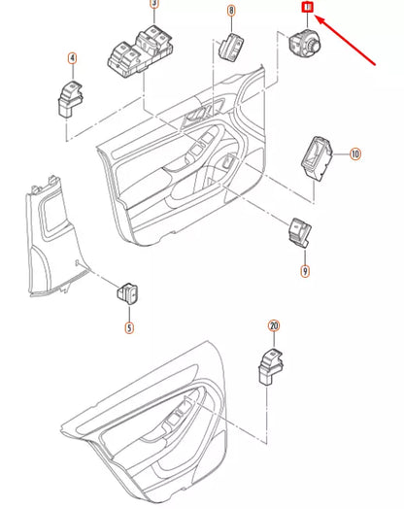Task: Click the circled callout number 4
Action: tap(71, 59)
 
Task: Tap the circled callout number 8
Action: tap(231, 12)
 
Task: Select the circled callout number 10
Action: tap(354, 153)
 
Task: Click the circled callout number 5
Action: tap(128, 328)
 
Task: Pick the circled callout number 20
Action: tap(274, 328)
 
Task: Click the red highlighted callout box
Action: tap(307, 9)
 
